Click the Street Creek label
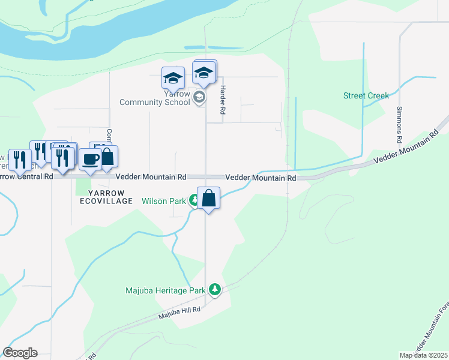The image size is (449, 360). pyautogui.click(x=366, y=95)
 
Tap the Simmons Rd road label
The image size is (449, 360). pyautogui.click(x=399, y=124)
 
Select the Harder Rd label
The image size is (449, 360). pyautogui.click(x=222, y=100)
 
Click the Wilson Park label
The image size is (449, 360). pyautogui.click(x=164, y=201)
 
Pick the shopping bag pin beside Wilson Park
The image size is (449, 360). pyautogui.click(x=208, y=199)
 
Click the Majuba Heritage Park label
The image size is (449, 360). pyautogui.click(x=165, y=291)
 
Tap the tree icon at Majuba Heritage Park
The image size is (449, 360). pyautogui.click(x=215, y=290)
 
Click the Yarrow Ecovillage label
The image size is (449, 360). pyautogui.click(x=106, y=197)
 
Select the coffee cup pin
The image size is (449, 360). pyautogui.click(x=91, y=160)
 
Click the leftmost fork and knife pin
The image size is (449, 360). pyautogui.click(x=19, y=160)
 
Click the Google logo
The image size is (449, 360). pyautogui.click(x=20, y=353)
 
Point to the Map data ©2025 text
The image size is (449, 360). pyautogui.click(x=424, y=355)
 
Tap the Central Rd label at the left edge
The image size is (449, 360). pyautogui.click(x=26, y=177)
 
